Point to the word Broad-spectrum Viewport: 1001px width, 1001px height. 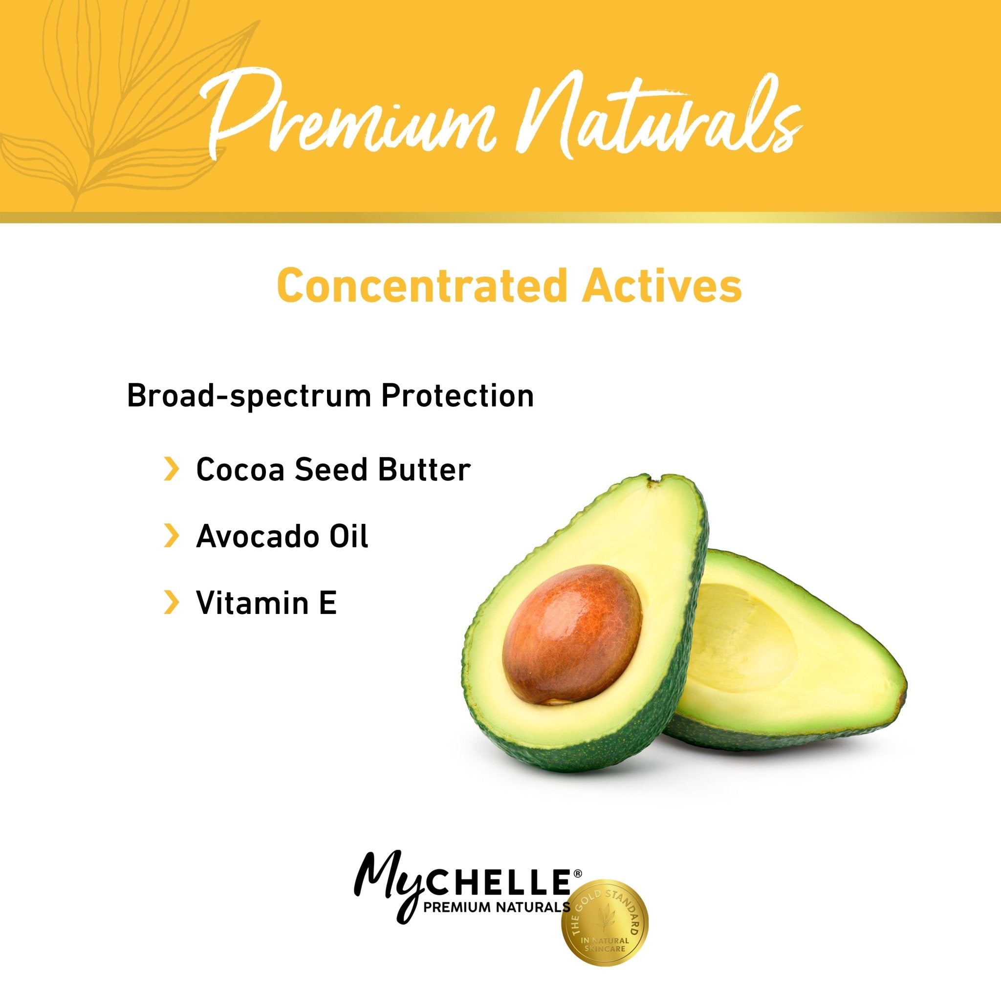pos(248,396)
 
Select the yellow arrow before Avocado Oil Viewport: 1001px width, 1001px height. pos(171,537)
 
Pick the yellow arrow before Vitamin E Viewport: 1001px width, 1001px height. pos(171,603)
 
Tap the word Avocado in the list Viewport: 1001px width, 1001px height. pos(249,537)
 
